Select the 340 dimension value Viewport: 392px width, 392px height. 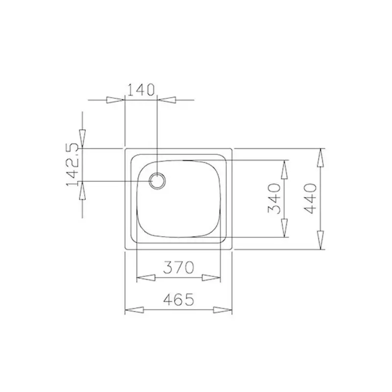tap(275, 198)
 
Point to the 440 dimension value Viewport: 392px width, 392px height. tap(312, 198)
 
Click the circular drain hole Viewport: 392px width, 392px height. tap(157, 181)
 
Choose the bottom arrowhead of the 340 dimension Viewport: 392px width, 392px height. tap(284, 228)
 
